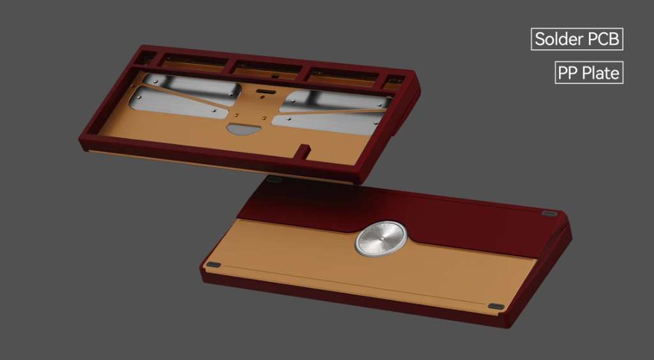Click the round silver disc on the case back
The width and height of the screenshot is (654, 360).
pyautogui.click(x=381, y=239)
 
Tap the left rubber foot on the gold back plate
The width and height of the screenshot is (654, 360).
pyautogui.click(x=213, y=265)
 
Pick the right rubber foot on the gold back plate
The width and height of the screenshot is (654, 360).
pyautogui.click(x=496, y=306)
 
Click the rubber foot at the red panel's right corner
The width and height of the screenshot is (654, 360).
pyautogui.click(x=549, y=214)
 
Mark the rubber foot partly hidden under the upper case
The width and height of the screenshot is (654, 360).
pyautogui.click(x=274, y=179)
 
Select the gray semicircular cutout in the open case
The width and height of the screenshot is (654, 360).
pyautogui.click(x=243, y=129)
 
